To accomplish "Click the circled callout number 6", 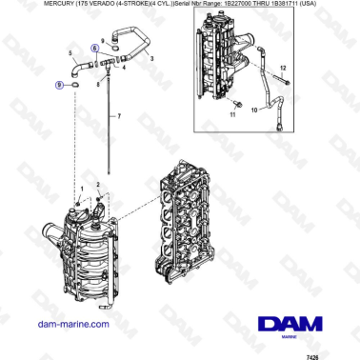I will point(93,47).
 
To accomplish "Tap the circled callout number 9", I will point(60,85).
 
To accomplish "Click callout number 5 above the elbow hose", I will point(70,52).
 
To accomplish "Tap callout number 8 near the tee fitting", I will point(97,84).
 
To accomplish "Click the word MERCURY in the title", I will point(27,5).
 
